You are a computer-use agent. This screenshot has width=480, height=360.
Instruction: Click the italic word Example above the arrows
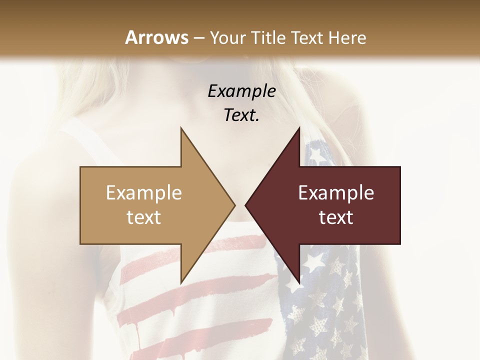click(x=241, y=91)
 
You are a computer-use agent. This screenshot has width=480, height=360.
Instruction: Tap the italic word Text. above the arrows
click(x=241, y=115)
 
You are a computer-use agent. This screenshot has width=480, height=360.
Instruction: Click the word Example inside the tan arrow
click(x=144, y=192)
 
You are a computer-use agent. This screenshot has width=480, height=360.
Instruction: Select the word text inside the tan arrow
click(x=144, y=217)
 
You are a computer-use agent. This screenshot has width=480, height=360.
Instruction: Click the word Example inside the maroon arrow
click(x=336, y=192)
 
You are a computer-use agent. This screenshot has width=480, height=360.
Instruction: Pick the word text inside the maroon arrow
click(x=336, y=217)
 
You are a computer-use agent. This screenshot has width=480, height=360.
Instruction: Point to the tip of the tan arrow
click(x=234, y=205)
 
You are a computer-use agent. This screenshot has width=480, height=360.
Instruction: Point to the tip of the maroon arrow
click(x=246, y=205)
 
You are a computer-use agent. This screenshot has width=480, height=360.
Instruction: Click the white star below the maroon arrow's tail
click(x=314, y=260)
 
